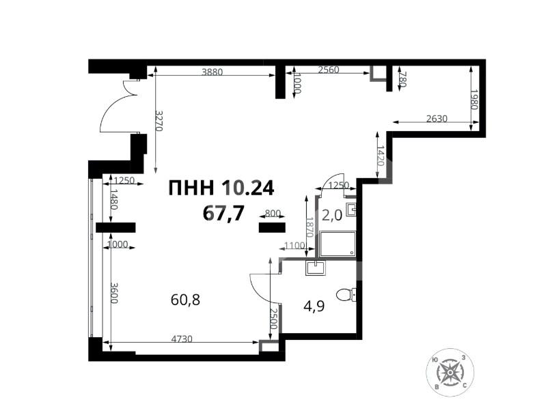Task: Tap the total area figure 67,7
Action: [223, 213]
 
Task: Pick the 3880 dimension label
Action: [215, 70]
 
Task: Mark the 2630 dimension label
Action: [437, 118]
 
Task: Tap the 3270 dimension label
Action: [159, 122]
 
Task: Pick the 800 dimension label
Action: [273, 214]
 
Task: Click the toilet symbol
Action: [348, 294]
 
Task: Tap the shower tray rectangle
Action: [337, 244]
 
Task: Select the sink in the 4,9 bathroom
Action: [316, 268]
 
